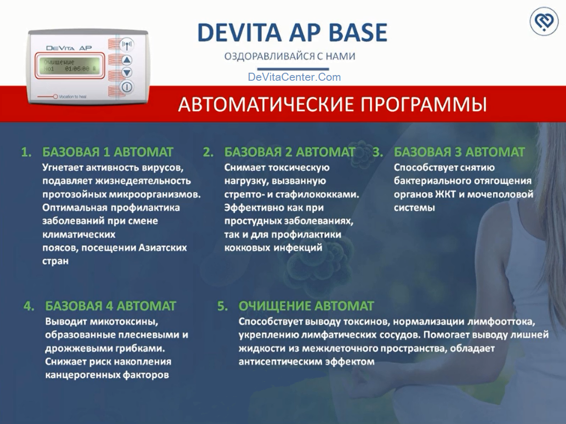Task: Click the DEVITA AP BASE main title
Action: pos(292,33)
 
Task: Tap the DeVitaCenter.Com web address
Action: pos(294,77)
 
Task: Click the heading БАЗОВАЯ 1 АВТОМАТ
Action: pos(108,152)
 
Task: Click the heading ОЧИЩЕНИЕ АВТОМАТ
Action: pos(306,305)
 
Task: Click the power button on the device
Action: pos(127,86)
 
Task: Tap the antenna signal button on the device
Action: pos(127,45)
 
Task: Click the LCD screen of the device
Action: pos(69,65)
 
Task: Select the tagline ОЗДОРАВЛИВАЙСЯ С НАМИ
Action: pos(290,57)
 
